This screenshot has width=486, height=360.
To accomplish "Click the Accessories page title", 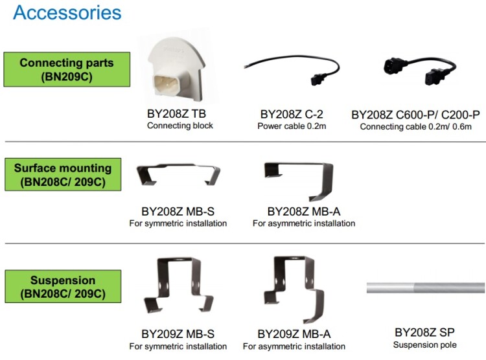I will point(67,12).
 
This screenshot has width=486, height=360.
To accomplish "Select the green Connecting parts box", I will point(67,69).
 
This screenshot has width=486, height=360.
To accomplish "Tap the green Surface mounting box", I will point(63,174).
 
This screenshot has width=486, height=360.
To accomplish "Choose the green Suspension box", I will point(63,287).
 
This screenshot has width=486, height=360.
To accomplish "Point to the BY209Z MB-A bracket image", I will point(298,290).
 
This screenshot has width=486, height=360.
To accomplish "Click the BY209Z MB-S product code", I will point(178,334).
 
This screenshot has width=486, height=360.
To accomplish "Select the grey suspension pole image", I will point(425,287).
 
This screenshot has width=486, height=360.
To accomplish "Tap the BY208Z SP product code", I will point(425,333).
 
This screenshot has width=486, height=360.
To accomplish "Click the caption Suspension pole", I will point(425,344).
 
